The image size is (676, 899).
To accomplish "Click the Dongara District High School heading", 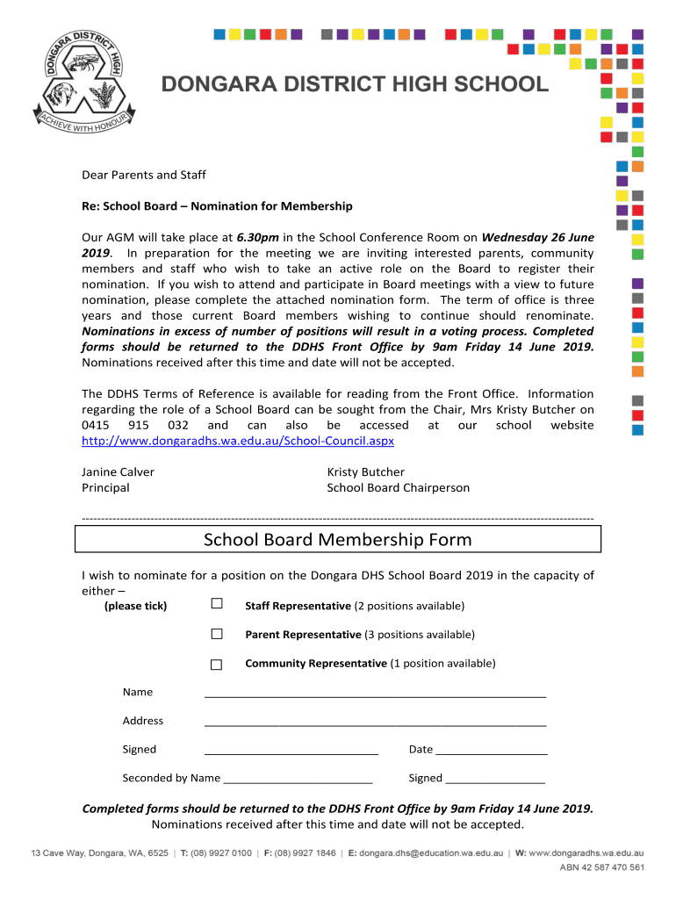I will (355, 84).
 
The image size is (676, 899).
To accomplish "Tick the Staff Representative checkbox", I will (217, 605).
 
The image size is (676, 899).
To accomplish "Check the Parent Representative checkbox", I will (217, 634).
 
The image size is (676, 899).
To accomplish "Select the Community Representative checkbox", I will (217, 664).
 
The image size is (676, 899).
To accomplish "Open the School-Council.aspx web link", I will (238, 441).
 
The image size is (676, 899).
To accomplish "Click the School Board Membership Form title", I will (338, 540).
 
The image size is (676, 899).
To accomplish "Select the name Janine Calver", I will (118, 472).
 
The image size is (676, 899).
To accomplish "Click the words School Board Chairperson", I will (398, 488).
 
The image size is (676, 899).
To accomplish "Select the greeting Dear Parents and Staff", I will (144, 175).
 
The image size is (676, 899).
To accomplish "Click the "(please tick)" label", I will (135, 607).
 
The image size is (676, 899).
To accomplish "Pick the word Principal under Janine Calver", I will (105, 488).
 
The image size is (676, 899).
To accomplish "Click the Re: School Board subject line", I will (217, 206).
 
